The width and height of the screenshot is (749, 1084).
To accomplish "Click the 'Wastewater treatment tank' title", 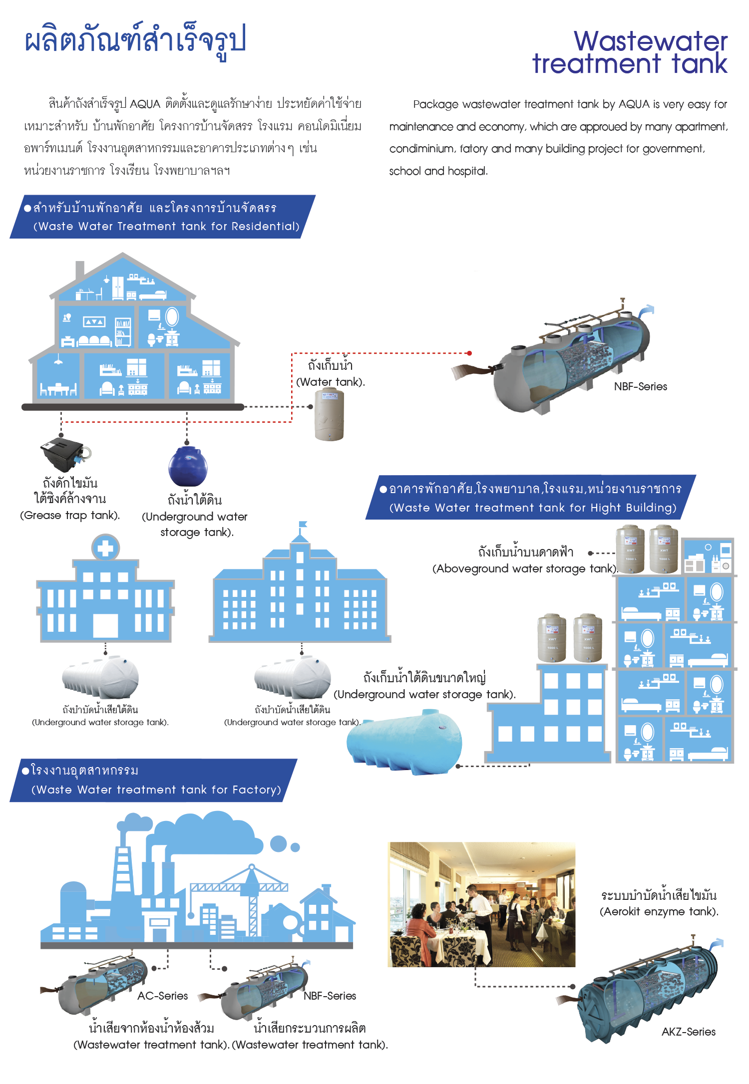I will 630,52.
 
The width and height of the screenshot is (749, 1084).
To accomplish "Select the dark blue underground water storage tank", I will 188,466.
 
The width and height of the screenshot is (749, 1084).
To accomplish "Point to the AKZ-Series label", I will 688,1032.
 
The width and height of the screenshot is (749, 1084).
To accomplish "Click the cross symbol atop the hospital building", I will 105,548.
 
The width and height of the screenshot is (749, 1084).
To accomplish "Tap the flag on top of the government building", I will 302,524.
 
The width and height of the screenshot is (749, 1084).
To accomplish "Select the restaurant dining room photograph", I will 481,904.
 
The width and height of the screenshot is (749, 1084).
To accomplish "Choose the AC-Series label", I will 163,996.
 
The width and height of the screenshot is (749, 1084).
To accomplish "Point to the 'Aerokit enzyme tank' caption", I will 659,911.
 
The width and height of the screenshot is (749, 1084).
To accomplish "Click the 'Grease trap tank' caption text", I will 70,515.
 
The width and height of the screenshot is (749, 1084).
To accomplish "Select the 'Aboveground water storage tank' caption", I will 525,568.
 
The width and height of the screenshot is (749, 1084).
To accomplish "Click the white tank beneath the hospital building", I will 100,677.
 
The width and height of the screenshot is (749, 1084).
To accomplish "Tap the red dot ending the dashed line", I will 469,353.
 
